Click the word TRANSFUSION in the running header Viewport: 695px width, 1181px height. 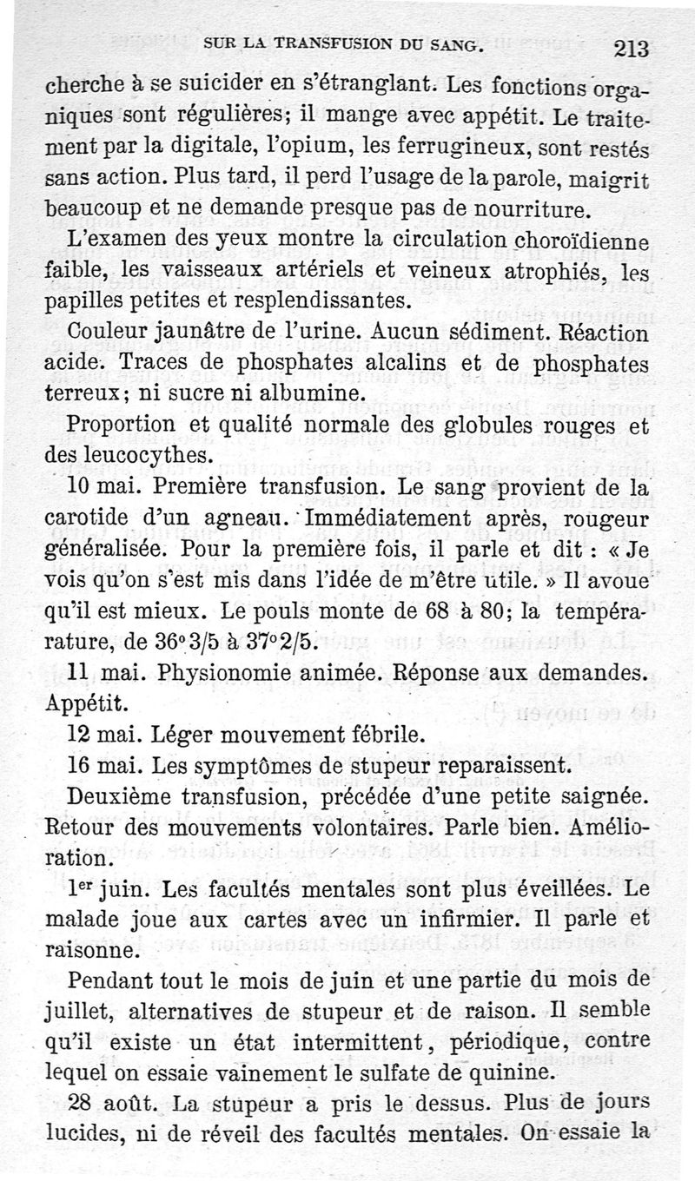[x=325, y=44]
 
